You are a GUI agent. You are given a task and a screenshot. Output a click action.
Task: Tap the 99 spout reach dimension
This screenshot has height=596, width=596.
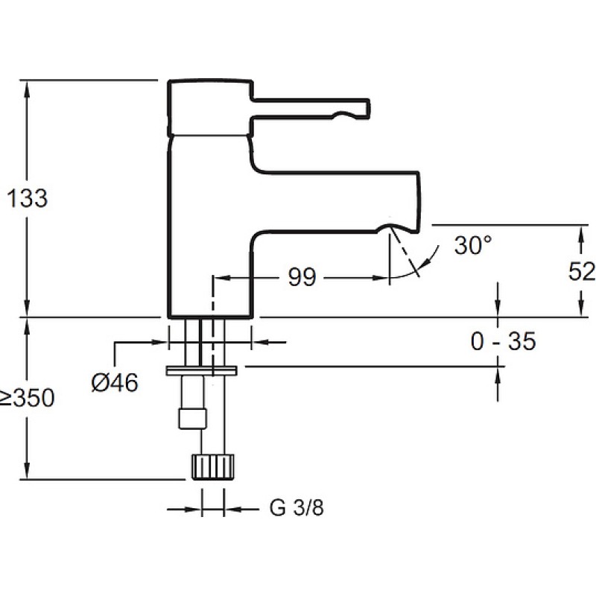point(302,278)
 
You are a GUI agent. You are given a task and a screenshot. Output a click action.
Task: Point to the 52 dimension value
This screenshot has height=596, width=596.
point(581,272)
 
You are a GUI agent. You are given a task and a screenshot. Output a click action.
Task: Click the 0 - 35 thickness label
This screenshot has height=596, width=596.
point(503,342)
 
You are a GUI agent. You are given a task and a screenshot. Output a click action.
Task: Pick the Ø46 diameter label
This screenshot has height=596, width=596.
point(115,382)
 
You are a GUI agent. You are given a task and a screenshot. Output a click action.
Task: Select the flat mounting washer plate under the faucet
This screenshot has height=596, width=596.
point(202,370)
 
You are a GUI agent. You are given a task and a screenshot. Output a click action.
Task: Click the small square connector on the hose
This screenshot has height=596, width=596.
point(191,417)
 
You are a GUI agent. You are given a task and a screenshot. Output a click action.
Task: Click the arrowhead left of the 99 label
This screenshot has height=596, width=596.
point(219,278)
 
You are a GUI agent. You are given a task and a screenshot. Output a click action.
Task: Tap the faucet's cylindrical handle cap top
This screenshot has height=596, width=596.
point(209,82)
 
